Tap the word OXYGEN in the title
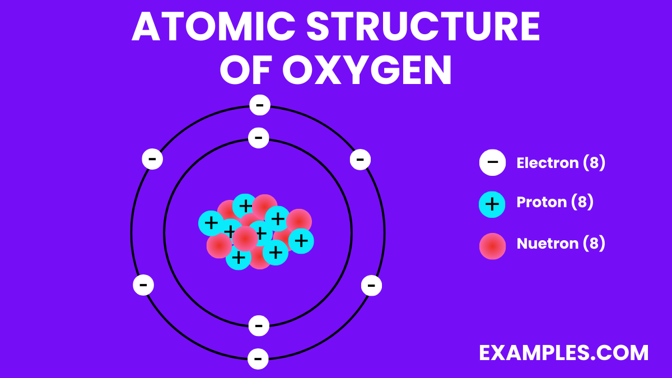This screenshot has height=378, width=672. click(x=367, y=70)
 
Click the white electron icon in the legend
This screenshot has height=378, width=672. click(x=492, y=163)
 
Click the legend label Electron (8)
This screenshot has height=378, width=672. click(x=561, y=163)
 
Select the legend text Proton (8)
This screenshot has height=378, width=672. click(x=554, y=202)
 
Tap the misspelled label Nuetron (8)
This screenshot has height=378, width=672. click(x=561, y=244)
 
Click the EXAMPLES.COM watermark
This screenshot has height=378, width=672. click(x=564, y=353)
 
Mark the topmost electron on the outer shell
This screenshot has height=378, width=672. click(x=259, y=105)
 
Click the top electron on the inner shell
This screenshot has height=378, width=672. click(x=258, y=137)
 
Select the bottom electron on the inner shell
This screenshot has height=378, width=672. click(x=258, y=325)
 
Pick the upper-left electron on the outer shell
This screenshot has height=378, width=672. click(x=152, y=159)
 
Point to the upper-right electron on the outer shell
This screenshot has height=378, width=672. click(x=360, y=160)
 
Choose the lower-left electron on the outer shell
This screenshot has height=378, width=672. click(x=143, y=285)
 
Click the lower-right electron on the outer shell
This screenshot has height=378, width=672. click(x=371, y=286)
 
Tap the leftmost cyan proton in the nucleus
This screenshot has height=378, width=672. click(x=211, y=223)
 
